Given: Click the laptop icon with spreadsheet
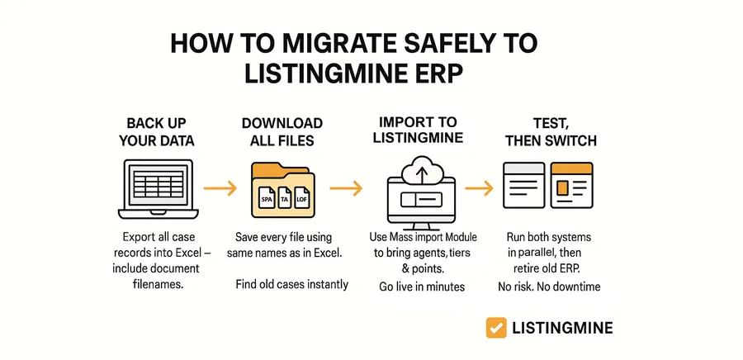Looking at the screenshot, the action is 159,189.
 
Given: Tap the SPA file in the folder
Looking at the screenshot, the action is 267,199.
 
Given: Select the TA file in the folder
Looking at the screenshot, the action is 285,199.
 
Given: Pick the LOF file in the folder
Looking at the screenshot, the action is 301,199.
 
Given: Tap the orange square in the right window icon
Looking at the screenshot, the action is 562,188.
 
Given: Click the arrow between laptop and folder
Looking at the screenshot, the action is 220,188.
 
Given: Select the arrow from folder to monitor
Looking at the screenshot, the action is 346,188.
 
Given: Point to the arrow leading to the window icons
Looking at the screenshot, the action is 479,188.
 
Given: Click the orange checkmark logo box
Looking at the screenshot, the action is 496,328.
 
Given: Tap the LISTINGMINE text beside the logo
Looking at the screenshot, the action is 562,328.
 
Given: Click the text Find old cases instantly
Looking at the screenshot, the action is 292,284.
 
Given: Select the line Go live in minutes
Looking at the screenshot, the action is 422,287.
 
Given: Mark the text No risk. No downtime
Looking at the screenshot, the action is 549,287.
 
